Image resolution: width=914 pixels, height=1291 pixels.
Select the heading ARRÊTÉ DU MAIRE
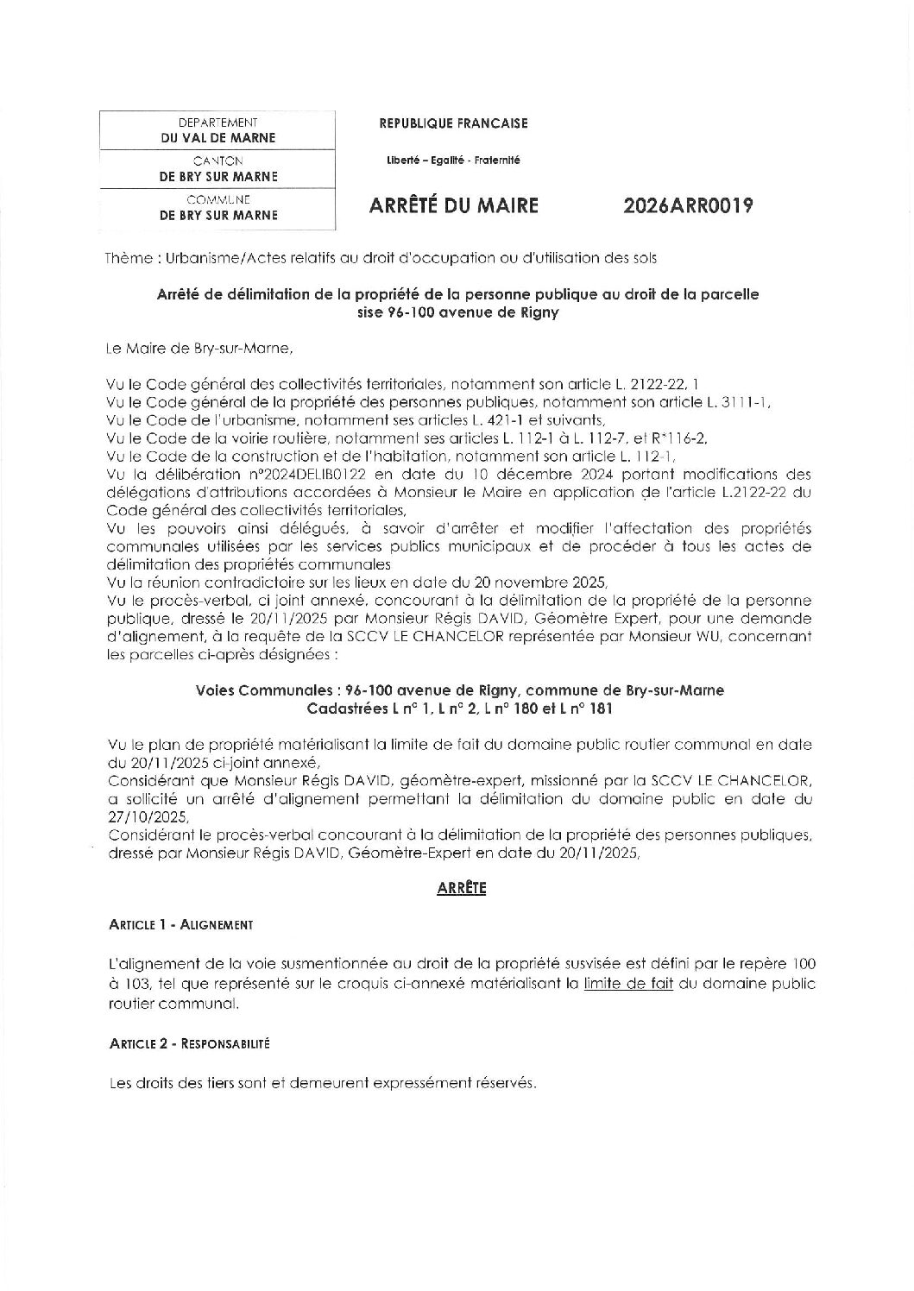453,206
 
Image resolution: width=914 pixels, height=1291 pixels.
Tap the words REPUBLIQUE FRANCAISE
453,123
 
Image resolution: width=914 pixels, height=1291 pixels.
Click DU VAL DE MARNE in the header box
217,138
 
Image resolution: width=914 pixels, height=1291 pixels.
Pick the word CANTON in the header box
217,161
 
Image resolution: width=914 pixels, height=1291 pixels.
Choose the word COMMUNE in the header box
217,199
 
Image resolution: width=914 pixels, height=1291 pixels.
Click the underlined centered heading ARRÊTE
462,887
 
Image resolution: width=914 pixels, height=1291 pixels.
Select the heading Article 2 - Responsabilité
190,1043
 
